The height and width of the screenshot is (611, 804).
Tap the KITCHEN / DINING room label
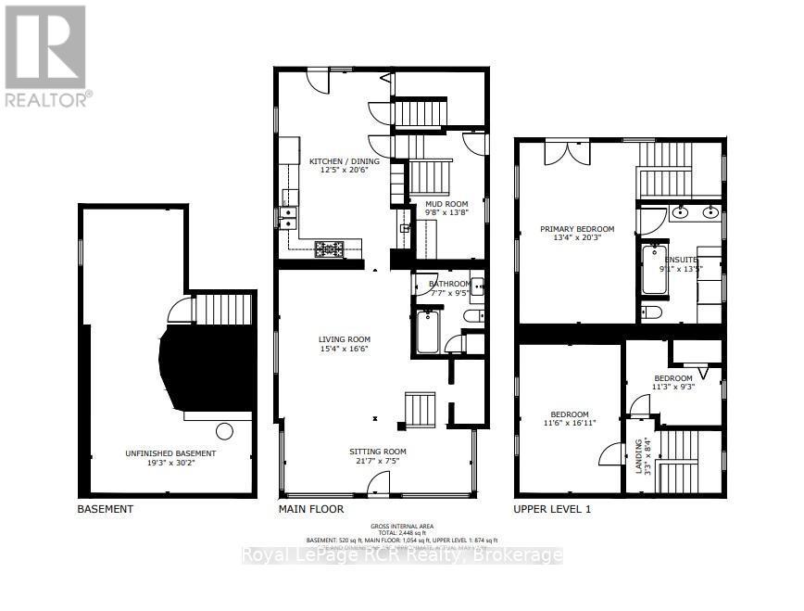(338, 161)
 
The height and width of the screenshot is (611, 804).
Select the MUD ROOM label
(446, 203)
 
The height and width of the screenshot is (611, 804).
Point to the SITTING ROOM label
(377, 452)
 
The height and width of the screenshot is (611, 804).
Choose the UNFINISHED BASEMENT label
(170, 453)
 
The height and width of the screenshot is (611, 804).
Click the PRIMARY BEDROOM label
(577, 229)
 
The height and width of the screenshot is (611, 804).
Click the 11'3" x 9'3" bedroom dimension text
(673, 388)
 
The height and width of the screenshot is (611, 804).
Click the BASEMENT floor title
(105, 509)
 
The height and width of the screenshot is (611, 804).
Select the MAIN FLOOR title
(311, 509)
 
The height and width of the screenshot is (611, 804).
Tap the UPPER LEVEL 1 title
(552, 509)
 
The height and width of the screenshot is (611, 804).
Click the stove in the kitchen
(328, 248)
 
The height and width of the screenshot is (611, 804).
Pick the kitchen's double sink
(287, 218)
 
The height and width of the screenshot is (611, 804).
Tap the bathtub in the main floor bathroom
(428, 333)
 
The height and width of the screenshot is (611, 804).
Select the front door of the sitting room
(377, 485)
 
